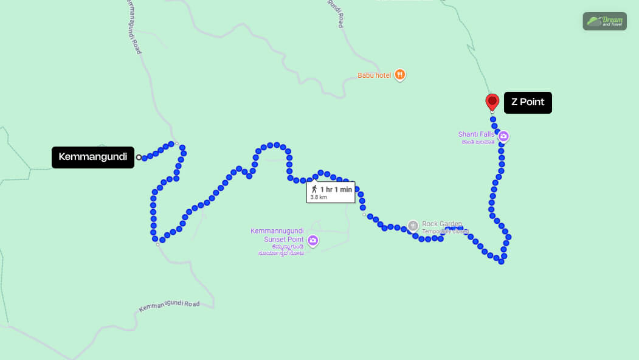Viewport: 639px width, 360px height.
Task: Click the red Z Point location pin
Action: click(x=492, y=102)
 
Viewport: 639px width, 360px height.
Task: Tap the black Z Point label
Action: click(x=527, y=102)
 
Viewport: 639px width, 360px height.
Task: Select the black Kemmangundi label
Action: click(x=92, y=157)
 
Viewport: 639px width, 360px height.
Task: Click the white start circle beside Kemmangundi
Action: click(x=139, y=157)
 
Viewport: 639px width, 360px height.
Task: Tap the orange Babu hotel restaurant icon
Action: click(x=399, y=75)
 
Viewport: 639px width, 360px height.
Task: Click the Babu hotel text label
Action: click(x=374, y=75)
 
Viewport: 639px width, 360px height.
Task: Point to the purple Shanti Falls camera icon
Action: click(x=503, y=137)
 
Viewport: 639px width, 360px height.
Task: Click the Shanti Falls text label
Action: click(x=476, y=134)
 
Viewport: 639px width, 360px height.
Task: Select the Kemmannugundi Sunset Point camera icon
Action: click(x=313, y=241)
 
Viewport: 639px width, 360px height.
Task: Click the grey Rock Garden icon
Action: click(x=413, y=226)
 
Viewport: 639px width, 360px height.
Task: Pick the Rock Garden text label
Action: click(x=442, y=224)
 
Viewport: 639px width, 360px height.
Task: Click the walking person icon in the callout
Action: click(x=314, y=189)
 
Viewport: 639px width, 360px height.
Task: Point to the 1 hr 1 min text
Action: click(x=336, y=190)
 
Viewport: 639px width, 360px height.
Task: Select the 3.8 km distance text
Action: click(x=319, y=197)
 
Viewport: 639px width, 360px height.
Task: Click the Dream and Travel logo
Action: click(x=604, y=21)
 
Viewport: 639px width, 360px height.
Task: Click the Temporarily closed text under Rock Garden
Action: click(x=445, y=232)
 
